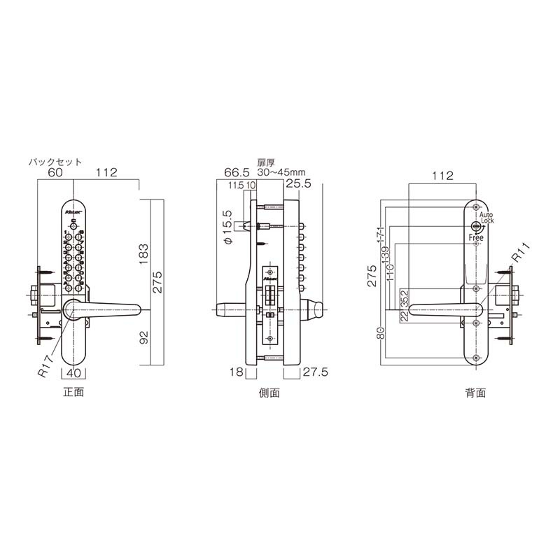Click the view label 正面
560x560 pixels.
tap(73, 393)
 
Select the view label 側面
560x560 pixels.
tap(269, 393)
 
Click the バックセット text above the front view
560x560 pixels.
tap(55, 160)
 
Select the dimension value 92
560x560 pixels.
tap(143, 338)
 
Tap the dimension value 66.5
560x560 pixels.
tap(237, 172)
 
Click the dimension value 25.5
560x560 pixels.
tap(298, 184)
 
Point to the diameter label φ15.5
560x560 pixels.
tap(227, 227)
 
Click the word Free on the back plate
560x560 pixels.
tap(476, 238)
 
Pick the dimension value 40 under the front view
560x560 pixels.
tap(75, 373)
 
